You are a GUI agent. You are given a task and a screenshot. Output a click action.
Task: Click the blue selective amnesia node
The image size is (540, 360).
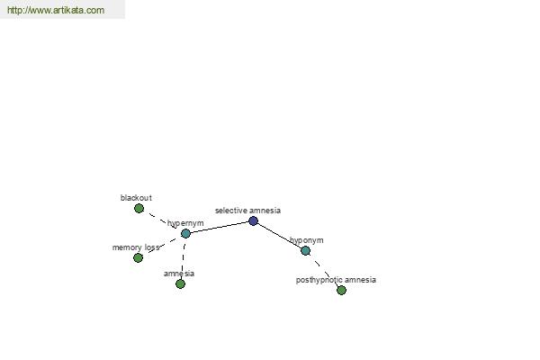click(253, 220)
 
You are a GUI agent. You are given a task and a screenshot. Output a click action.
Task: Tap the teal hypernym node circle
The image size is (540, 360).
click(185, 234)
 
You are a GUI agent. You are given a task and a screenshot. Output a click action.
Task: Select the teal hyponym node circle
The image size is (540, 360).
click(305, 251)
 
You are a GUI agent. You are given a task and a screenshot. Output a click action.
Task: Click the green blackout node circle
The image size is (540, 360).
click(139, 209)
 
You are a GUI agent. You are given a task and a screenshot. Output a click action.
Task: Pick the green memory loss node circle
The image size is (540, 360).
click(138, 257)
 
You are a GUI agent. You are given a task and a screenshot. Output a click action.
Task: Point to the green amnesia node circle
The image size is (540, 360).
click(181, 283)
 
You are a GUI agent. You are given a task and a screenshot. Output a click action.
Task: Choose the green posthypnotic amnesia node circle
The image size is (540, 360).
click(341, 290)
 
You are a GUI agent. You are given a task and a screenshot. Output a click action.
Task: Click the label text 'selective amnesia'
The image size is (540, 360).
click(248, 211)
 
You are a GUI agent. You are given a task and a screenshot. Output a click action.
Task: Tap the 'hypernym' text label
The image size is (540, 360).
click(185, 223)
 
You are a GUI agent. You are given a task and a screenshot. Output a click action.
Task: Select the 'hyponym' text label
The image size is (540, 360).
click(307, 240)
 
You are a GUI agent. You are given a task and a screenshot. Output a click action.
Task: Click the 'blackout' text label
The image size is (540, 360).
click(136, 198)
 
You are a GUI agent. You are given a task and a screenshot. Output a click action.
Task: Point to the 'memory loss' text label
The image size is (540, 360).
click(136, 247)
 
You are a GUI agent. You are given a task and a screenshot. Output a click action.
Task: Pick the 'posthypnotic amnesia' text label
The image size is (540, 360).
click(336, 280)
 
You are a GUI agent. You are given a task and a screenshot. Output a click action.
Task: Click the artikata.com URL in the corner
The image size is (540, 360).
click(56, 10)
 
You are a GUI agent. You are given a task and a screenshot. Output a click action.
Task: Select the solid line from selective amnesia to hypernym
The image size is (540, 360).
click(220, 228)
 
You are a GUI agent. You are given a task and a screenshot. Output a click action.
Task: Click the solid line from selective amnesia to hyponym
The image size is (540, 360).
click(279, 236)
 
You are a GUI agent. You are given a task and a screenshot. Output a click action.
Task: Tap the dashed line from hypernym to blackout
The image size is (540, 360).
click(162, 221)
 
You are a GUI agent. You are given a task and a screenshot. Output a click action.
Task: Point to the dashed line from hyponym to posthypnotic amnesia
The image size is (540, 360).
click(323, 270)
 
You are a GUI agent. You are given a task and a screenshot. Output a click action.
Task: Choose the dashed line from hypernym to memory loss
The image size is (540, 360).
click(162, 246)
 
